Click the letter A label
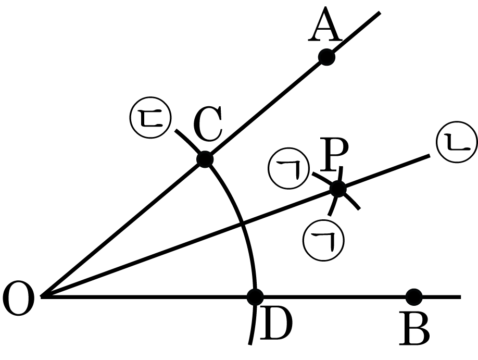325,24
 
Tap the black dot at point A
326,57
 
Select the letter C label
208,123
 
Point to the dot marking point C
205,159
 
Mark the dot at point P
338,189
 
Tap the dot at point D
255,297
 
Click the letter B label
414,329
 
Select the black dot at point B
414,297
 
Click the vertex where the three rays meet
42,296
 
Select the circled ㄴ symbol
456,142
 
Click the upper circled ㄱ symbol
288,169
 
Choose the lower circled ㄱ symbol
324,240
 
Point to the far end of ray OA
380,12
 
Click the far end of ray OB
460,297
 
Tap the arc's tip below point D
250,344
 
